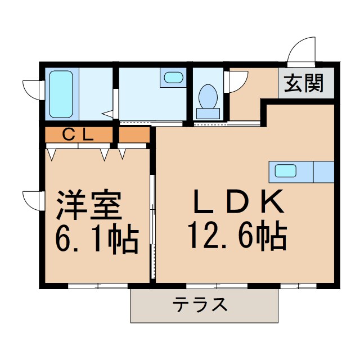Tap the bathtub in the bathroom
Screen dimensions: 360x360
point(61,93)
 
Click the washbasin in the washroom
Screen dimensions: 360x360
point(173,77)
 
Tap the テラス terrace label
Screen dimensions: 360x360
point(200,305)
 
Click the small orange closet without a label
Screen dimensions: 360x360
point(134,134)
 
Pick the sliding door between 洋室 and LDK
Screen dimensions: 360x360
point(152,225)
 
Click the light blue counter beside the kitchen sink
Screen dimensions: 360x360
point(323,170)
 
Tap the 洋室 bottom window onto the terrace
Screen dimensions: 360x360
point(98,286)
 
